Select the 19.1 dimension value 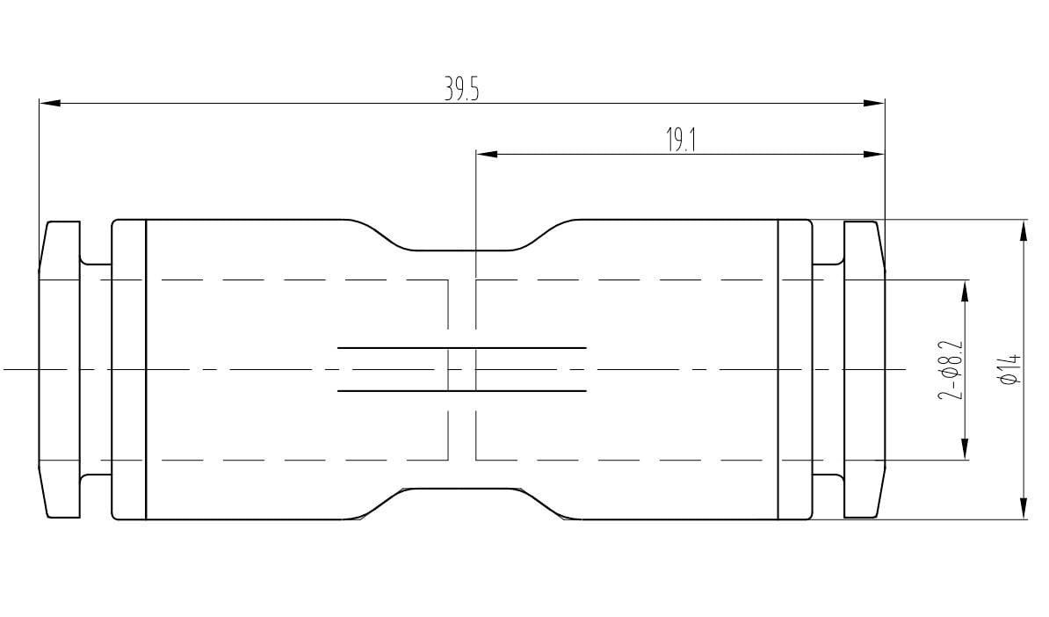pos(680,141)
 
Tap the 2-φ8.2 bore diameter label pos(951,370)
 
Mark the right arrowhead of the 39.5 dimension pos(874,104)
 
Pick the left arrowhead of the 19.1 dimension pos(486,155)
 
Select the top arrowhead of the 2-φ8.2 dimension pos(965,291)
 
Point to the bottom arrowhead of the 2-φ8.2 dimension pos(965,449)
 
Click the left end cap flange pos(60,369)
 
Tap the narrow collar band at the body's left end pos(128,369)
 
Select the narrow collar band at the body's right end pos(795,369)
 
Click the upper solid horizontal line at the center pos(462,348)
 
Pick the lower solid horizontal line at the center pos(462,390)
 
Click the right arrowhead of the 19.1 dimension pos(874,155)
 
